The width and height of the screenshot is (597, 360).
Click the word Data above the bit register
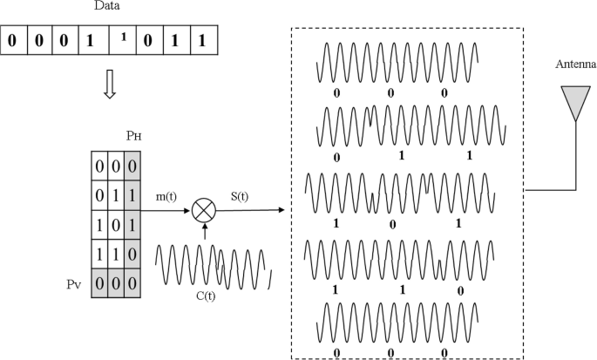(x=106, y=8)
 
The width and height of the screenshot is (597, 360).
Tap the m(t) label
(x=166, y=197)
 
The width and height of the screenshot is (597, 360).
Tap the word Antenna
(x=577, y=65)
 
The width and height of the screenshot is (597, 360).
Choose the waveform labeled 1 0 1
(x=397, y=193)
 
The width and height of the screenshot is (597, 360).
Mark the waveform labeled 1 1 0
(x=397, y=257)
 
